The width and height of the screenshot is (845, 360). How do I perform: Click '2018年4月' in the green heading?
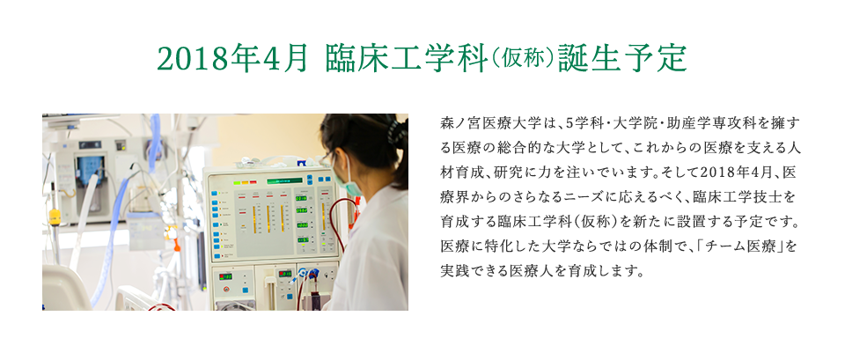pos(232,59)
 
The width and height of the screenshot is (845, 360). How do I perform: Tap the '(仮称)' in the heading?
pos(522,59)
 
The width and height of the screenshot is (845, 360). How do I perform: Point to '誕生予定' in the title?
pos(622,59)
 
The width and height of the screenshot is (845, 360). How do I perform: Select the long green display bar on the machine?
pos(285,180)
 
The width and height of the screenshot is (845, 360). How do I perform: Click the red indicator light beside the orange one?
pos(253,182)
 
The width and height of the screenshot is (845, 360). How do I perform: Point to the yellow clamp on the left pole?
pos(55,217)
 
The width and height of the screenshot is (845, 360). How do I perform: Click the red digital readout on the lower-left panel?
pos(225,276)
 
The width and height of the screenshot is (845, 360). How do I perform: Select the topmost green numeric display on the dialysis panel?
pos(301,198)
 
